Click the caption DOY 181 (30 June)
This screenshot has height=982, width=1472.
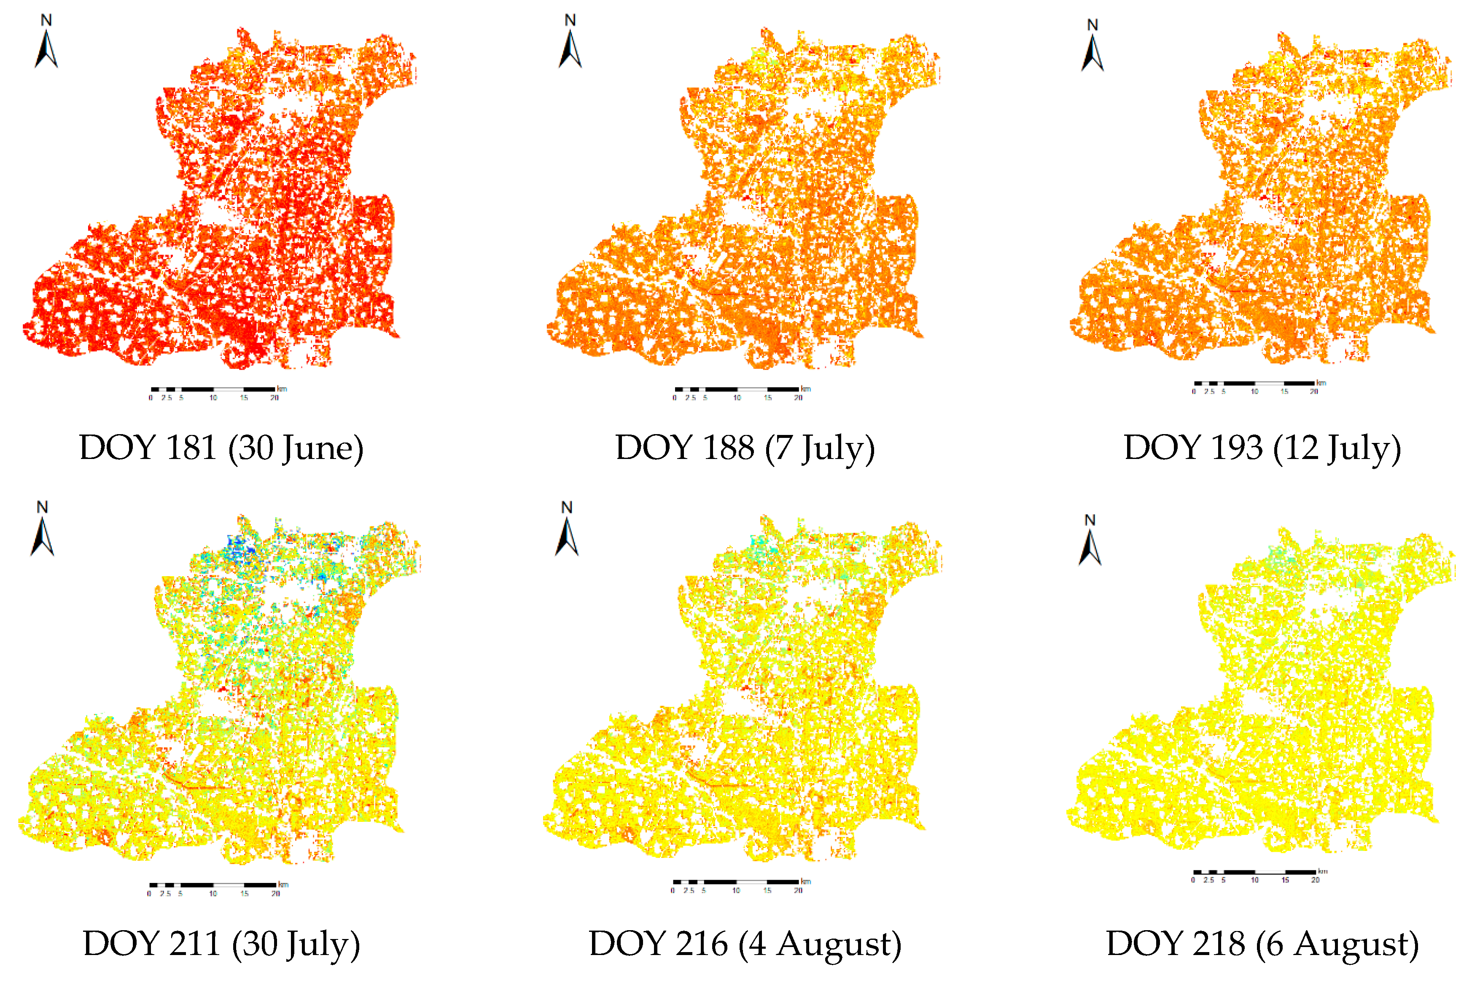click(x=221, y=447)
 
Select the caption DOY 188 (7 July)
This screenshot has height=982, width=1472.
click(x=745, y=447)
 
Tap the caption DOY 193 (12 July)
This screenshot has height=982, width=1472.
click(x=1262, y=447)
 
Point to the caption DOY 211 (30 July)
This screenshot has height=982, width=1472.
click(x=221, y=943)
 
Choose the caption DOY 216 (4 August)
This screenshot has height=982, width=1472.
click(x=745, y=943)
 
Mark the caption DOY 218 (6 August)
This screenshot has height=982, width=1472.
click(x=1262, y=943)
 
